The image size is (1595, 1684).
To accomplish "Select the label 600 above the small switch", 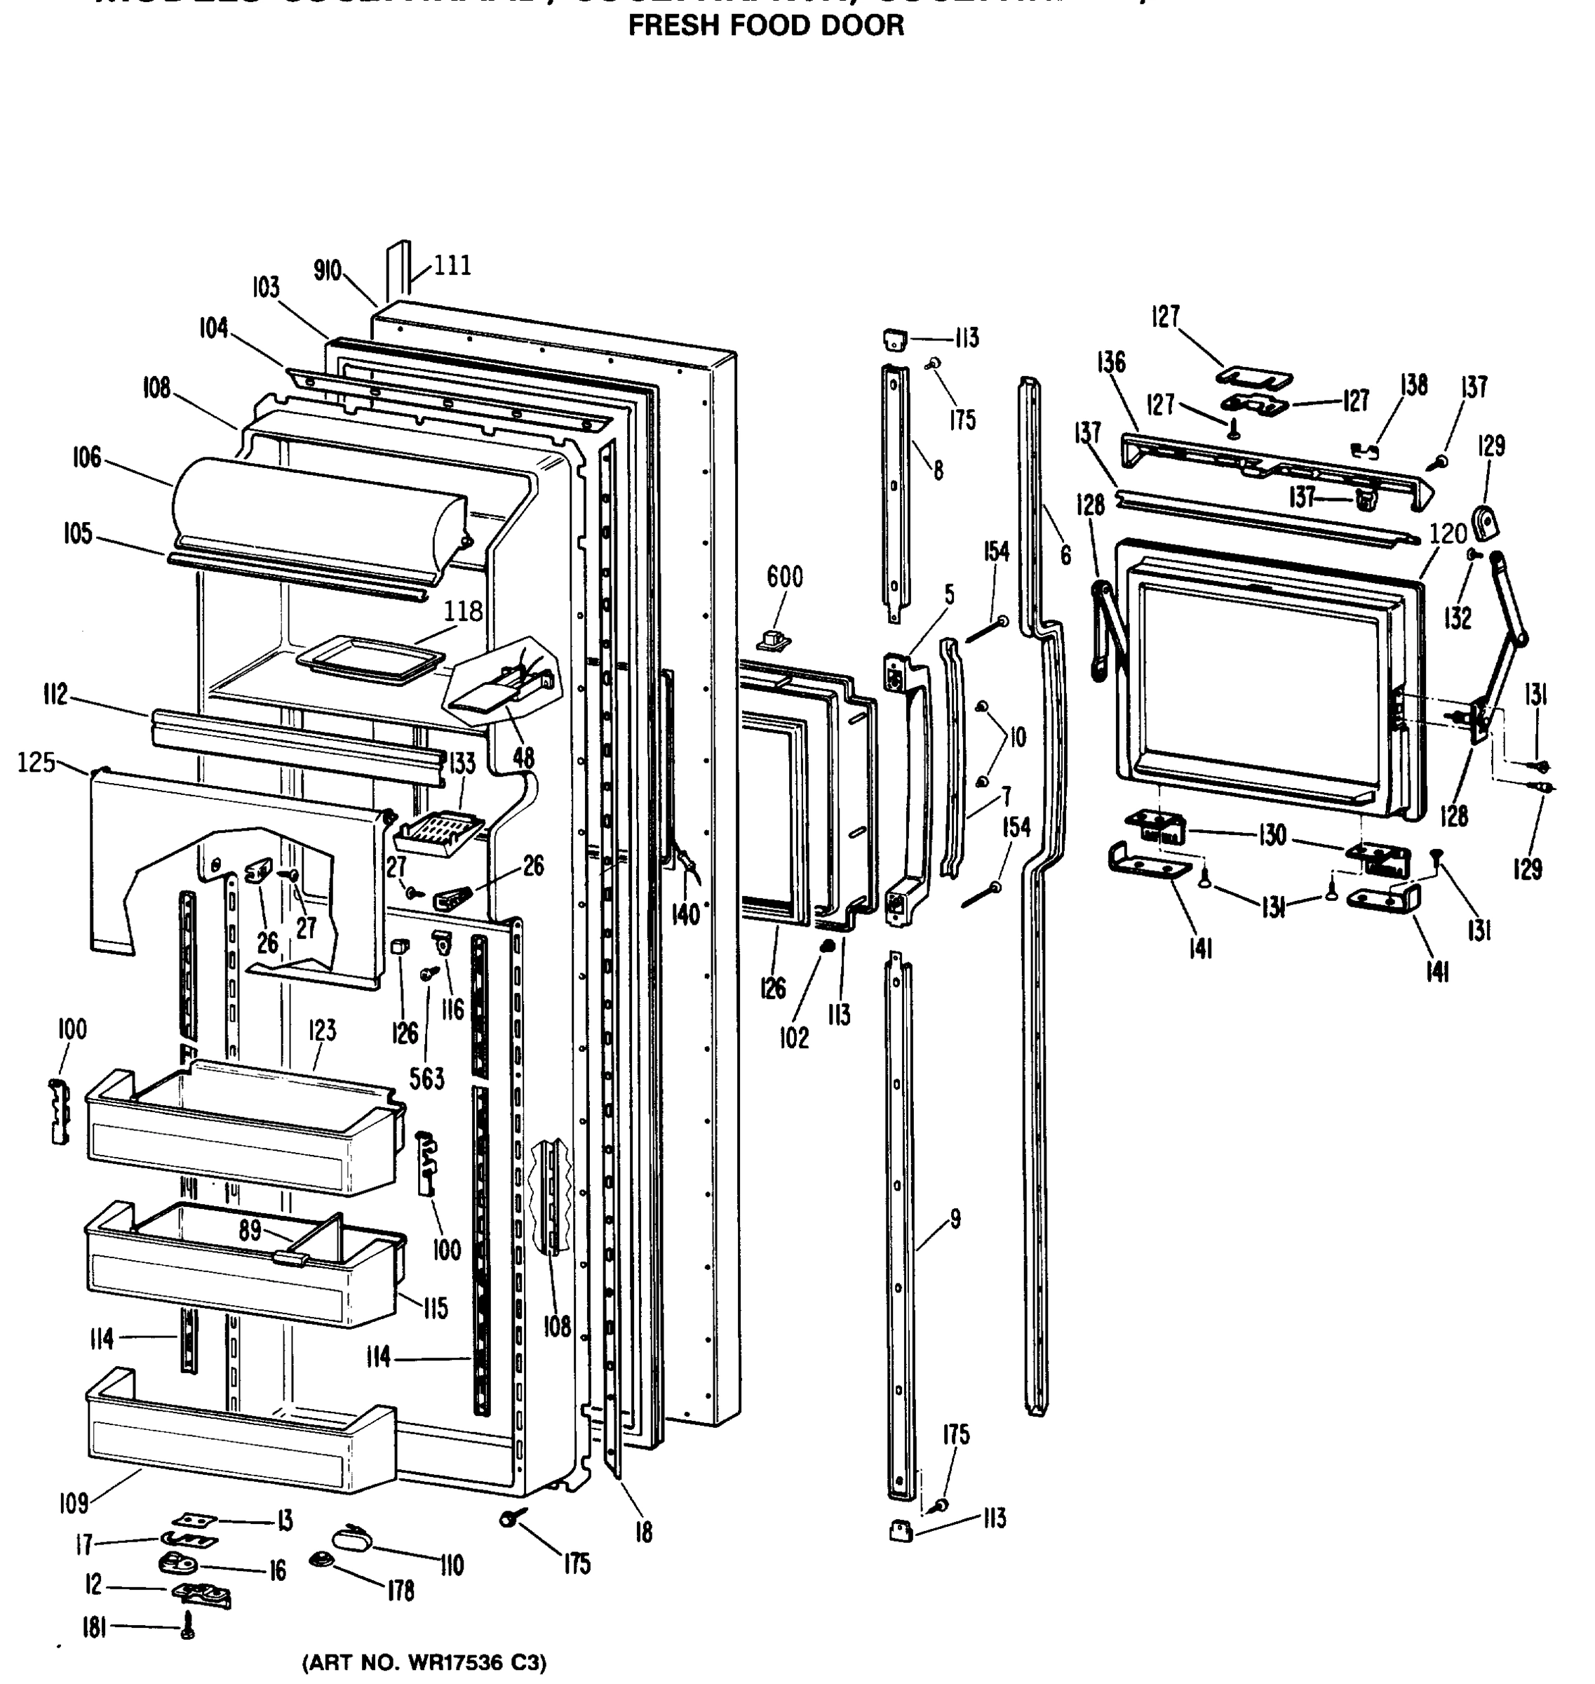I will pyautogui.click(x=784, y=577).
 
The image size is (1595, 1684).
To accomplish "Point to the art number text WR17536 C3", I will pyautogui.click(x=424, y=1663).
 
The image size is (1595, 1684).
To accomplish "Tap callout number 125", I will pyautogui.click(x=36, y=763).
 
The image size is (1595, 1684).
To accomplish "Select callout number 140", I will pyautogui.click(x=685, y=914).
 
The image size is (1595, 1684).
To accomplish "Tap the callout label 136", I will pyautogui.click(x=1110, y=362).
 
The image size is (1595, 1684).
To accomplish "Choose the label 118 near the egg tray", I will pyautogui.click(x=462, y=612).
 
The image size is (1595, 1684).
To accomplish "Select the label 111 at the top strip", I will pyautogui.click(x=452, y=266).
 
